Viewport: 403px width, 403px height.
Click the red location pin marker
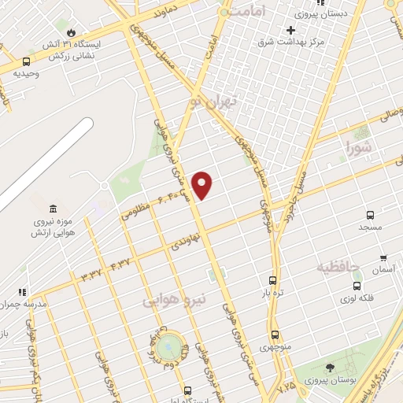[203, 184]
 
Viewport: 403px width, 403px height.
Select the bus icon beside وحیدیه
[27, 61]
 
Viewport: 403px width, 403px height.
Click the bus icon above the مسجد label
[371, 214]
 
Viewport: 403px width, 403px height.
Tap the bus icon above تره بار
[273, 279]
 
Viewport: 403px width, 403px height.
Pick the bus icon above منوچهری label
[275, 335]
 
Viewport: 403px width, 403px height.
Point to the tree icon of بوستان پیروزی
[329, 368]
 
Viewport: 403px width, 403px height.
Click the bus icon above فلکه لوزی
[357, 286]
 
